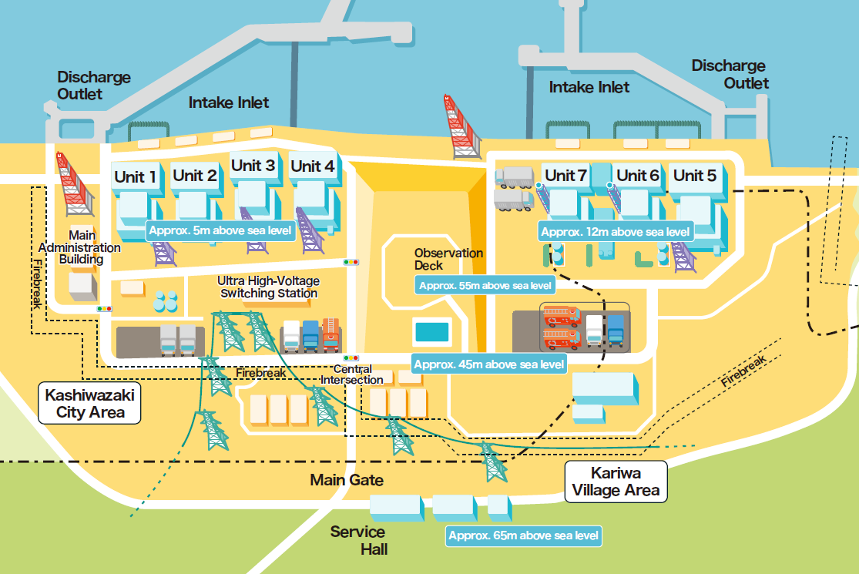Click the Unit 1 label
[x=136, y=176]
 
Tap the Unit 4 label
[x=312, y=166]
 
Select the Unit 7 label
[x=566, y=175]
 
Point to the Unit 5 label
[x=695, y=175]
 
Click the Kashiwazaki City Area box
[x=90, y=404]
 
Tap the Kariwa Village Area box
[x=615, y=481]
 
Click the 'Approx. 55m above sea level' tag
[x=485, y=285]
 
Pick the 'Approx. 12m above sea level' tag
[x=616, y=231]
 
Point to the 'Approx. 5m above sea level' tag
[x=220, y=230]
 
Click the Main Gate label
[x=347, y=480]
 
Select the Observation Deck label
[x=448, y=259]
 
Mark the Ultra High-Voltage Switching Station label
[x=268, y=287]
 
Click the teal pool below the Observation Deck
[x=431, y=332]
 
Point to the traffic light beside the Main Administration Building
[x=103, y=309]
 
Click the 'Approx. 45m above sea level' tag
[x=489, y=364]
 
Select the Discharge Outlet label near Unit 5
[x=729, y=74]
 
